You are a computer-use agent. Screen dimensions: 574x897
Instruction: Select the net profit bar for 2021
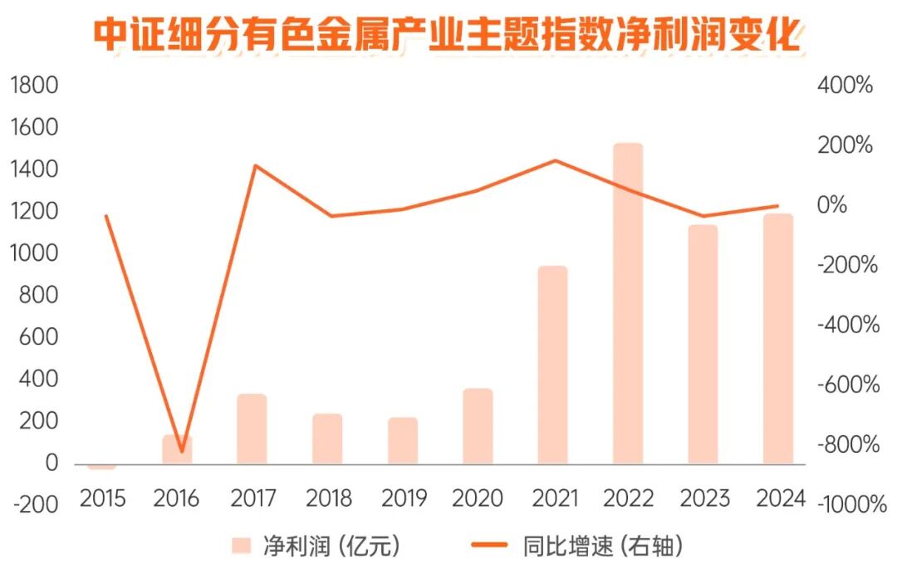[x=552, y=365]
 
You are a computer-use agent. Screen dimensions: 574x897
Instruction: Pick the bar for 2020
[x=478, y=426]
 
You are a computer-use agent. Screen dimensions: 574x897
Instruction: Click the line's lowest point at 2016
[x=181, y=451]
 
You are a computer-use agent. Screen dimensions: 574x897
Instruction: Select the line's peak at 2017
[x=255, y=166]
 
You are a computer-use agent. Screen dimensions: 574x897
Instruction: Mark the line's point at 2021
[x=555, y=161]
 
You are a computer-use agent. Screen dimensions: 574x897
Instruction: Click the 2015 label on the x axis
[x=102, y=498]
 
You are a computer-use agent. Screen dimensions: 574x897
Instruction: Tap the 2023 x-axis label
[x=704, y=498]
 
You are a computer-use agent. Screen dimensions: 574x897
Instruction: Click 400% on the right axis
[x=846, y=86]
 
